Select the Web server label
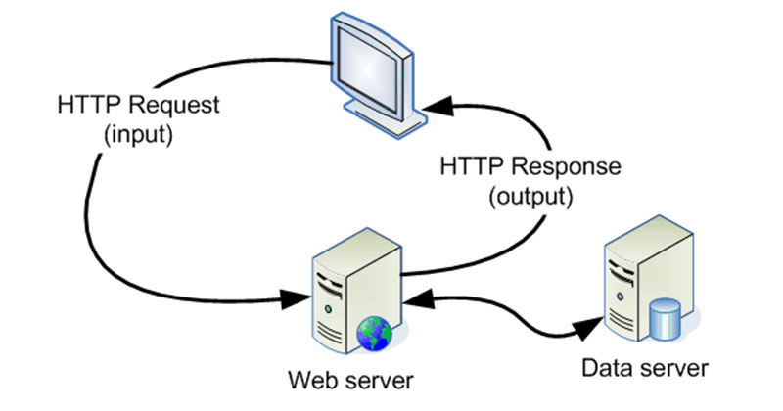point(342,378)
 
